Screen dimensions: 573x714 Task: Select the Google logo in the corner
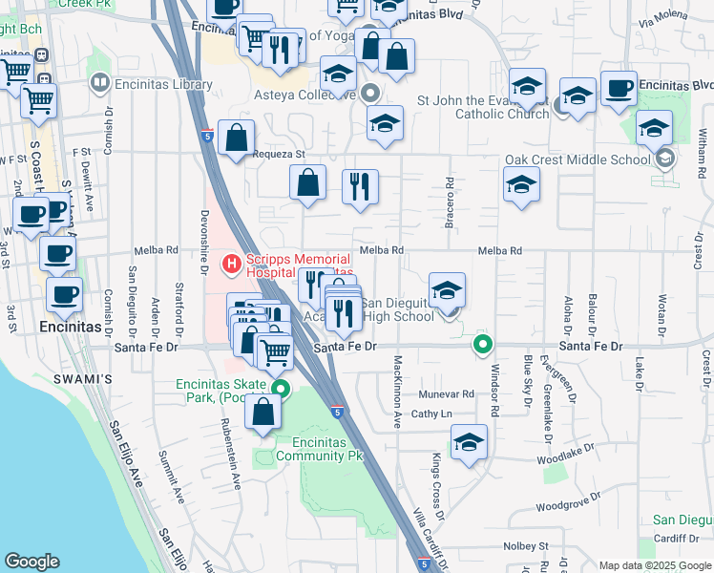(x=31, y=562)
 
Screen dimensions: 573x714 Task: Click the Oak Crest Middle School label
(x=563, y=159)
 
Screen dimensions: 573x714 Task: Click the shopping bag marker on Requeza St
(x=236, y=138)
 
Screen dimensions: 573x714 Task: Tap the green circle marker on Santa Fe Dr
(x=483, y=345)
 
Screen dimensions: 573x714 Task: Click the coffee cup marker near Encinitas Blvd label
(x=619, y=88)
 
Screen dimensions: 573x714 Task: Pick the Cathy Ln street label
(x=430, y=414)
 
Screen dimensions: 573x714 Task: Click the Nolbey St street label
(x=530, y=546)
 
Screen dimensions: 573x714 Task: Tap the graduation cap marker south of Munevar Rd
(x=469, y=443)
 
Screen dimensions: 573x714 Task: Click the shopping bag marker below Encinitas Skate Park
(x=263, y=413)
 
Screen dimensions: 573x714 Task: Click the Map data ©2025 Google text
(x=654, y=565)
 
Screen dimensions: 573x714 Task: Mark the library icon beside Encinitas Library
(x=99, y=84)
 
